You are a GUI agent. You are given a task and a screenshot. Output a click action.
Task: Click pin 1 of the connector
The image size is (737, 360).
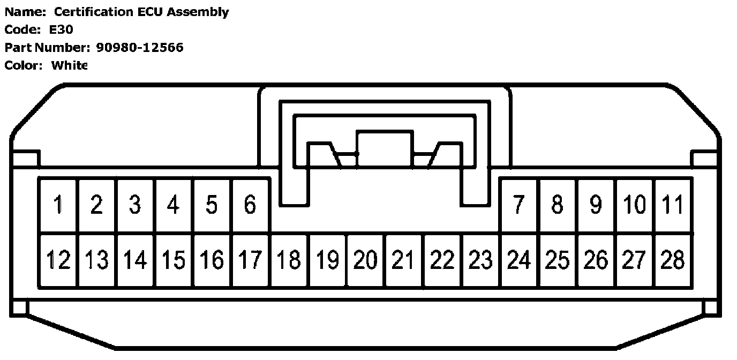[58, 205]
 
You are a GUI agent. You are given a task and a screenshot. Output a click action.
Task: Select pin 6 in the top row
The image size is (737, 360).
[250, 205]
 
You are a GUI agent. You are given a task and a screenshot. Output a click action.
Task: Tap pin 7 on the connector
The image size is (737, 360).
[518, 205]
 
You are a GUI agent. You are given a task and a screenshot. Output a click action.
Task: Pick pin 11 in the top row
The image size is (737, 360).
[673, 205]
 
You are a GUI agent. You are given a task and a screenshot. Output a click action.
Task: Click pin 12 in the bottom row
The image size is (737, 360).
[58, 260]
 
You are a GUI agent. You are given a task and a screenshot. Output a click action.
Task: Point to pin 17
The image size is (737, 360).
[250, 260]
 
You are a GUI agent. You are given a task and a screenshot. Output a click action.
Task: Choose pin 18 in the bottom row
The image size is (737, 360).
[289, 260]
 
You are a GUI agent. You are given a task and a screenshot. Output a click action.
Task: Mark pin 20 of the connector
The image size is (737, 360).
[365, 260]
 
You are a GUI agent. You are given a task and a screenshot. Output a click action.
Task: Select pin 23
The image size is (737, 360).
[480, 260]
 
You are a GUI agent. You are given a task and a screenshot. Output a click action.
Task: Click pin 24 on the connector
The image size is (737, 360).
[518, 260]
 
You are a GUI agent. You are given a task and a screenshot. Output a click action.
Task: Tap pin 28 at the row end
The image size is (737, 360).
[673, 260]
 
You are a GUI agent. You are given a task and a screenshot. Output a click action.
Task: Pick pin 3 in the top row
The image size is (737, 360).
[135, 205]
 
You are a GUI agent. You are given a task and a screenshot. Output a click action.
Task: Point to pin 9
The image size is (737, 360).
[596, 205]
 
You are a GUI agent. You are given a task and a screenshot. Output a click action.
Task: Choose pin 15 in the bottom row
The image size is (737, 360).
[174, 260]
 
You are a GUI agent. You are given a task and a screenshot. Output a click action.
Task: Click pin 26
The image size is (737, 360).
[596, 260]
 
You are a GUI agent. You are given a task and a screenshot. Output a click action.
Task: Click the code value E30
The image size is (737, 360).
[61, 30]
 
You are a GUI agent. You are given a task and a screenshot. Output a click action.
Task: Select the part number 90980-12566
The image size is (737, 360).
[139, 48]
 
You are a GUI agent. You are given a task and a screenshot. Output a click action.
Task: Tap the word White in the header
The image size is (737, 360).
[69, 65]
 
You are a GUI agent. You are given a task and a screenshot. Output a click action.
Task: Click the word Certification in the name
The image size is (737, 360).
[93, 12]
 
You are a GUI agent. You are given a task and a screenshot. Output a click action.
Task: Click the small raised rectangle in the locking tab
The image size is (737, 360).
[385, 148]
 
